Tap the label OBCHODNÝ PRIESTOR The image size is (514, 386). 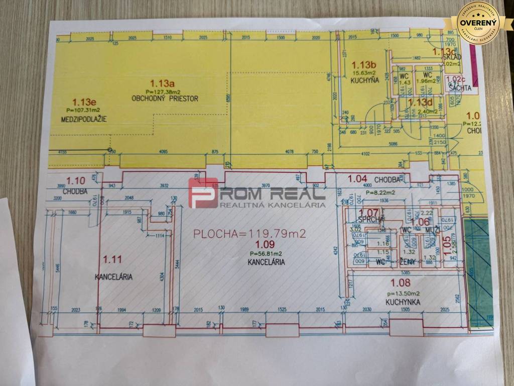tap(165, 99)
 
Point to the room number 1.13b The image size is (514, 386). tap(363, 65)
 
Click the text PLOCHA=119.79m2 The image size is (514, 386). tap(249, 234)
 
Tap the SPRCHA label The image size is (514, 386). tap(371, 220)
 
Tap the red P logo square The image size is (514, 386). tap(203, 192)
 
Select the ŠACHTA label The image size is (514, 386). tap(460, 87)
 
